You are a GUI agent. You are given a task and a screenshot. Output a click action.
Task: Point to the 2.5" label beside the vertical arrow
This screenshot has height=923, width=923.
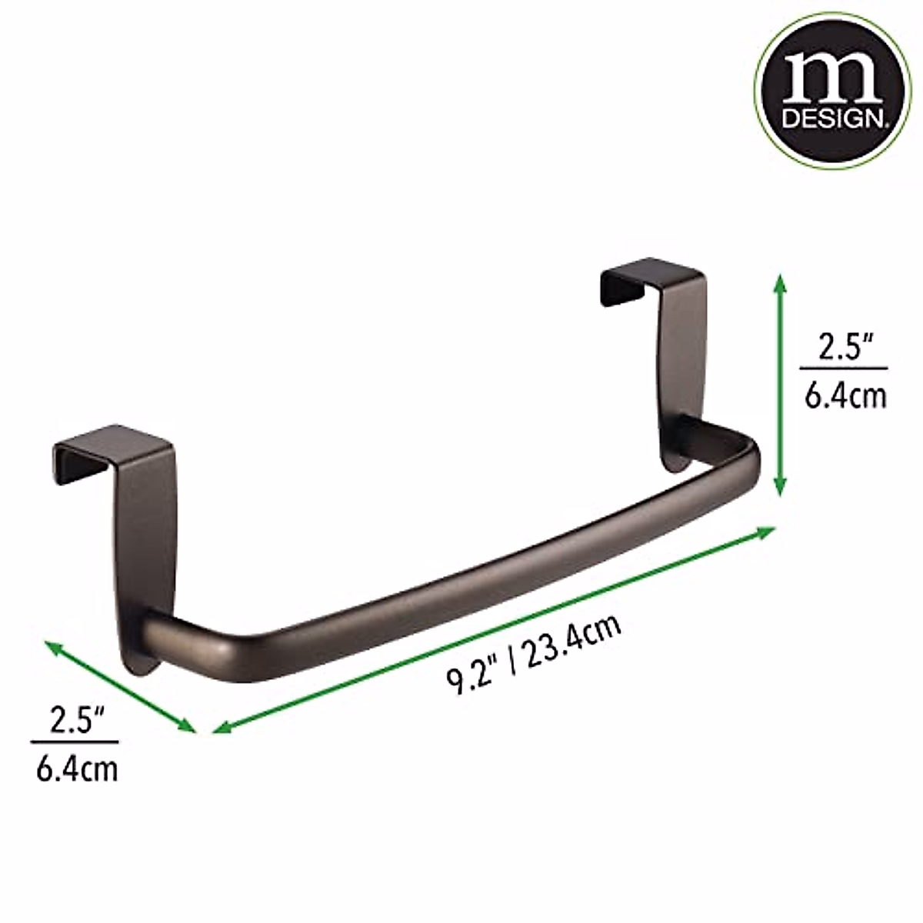pyautogui.click(x=844, y=348)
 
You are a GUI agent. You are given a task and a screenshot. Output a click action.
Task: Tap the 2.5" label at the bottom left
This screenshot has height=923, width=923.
pyautogui.click(x=75, y=721)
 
